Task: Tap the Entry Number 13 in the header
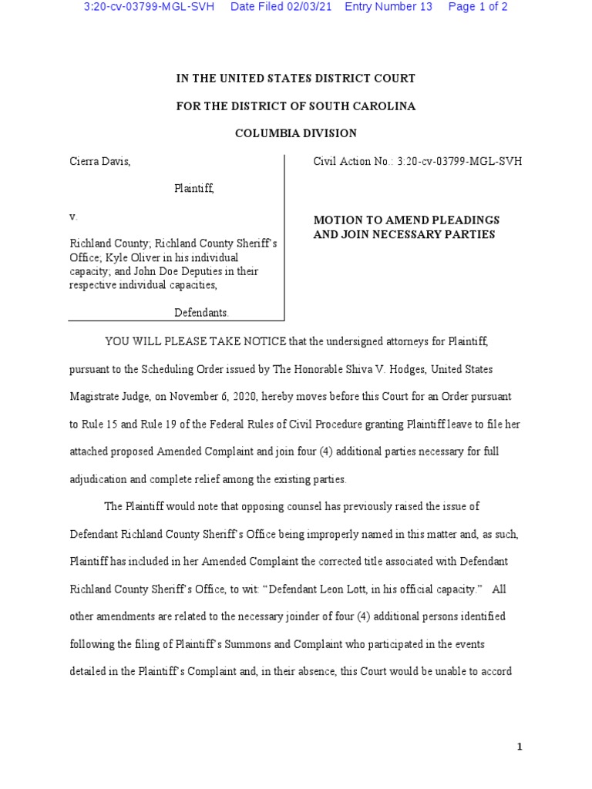pyautogui.click(x=388, y=7)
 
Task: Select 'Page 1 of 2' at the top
pyautogui.click(x=478, y=7)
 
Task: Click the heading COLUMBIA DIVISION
pyautogui.click(x=295, y=133)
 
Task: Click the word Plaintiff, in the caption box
pyautogui.click(x=193, y=189)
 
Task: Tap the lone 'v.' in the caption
pyautogui.click(x=73, y=217)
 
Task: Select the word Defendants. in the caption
pyautogui.click(x=201, y=312)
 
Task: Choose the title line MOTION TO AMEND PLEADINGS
pyautogui.click(x=406, y=220)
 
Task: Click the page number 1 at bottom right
pyautogui.click(x=520, y=747)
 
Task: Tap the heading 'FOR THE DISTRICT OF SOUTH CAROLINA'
pyautogui.click(x=295, y=106)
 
